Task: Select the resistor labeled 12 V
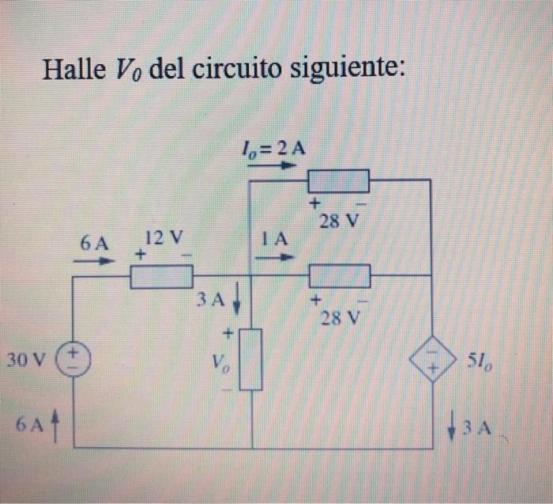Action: point(161,276)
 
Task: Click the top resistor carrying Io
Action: point(339,181)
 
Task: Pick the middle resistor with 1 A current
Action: point(340,276)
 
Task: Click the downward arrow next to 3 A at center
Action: point(235,302)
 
